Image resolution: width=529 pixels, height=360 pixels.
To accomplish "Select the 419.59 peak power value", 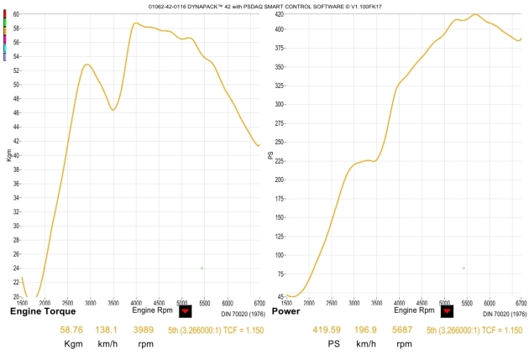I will (328, 331).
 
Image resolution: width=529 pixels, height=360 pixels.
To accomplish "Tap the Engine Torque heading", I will (43, 310).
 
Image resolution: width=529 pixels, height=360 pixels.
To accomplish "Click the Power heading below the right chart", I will (285, 310).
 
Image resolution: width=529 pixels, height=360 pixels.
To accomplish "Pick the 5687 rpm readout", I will (404, 331).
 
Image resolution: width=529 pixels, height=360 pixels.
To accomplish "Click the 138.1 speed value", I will (108, 331).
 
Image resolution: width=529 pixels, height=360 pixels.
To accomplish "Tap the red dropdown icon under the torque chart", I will (186, 310).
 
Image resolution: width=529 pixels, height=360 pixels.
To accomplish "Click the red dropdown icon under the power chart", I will (447, 310).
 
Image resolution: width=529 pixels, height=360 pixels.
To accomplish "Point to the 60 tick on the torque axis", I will (14, 14).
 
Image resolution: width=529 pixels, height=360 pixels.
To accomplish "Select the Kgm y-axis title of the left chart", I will (9, 156).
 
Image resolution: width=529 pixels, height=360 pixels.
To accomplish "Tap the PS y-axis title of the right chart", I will (270, 155).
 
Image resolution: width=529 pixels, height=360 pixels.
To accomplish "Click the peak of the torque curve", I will (136, 23).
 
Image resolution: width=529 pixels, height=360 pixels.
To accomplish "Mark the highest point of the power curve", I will (475, 14).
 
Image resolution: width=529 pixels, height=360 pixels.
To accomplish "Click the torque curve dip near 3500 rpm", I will (113, 110).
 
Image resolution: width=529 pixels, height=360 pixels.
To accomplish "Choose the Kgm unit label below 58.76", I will (74, 344).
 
